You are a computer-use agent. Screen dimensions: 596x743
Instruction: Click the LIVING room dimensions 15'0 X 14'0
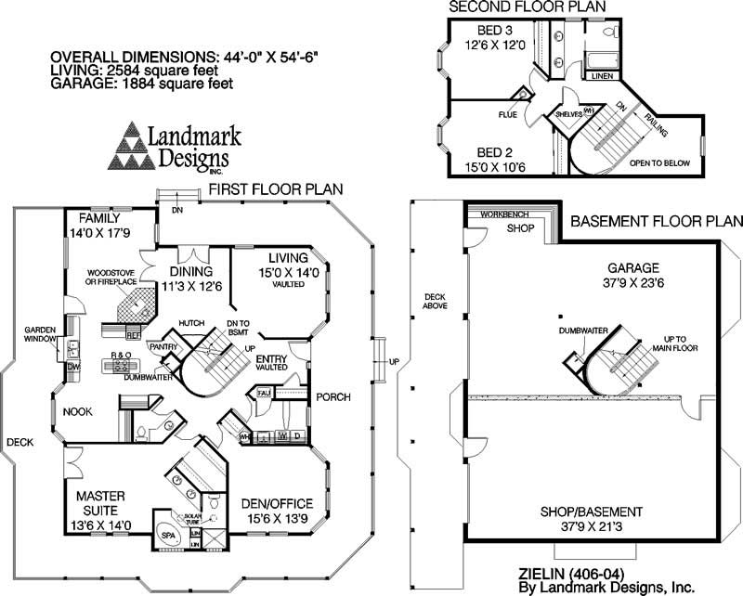click(x=288, y=273)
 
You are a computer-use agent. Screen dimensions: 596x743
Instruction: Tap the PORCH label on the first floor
click(x=332, y=397)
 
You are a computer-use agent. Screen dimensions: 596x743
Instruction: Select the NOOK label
click(x=77, y=410)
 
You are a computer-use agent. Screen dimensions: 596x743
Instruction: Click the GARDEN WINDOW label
click(x=41, y=333)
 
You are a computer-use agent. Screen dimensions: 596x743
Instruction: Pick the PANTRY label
click(x=163, y=345)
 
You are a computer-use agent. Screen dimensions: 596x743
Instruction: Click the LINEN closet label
click(x=602, y=76)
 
